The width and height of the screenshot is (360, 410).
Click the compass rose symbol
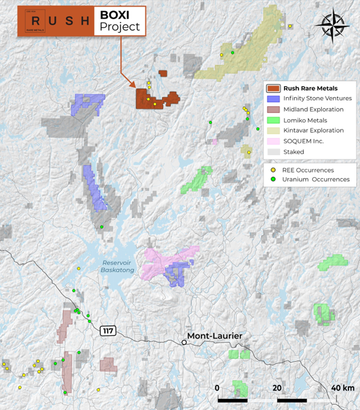click(333, 27)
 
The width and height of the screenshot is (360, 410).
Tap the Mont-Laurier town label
click(214, 336)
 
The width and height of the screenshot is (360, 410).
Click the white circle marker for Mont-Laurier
click(184, 342)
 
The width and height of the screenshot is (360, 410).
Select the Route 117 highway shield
click(107, 331)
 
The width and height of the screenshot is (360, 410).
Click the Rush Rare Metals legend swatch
click(273, 88)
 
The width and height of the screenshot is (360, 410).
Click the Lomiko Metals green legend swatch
click(273, 120)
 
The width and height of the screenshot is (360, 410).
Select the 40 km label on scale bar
click(342, 388)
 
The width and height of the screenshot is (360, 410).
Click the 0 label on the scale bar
click(217, 388)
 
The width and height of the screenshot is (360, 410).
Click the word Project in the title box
click(119, 27)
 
